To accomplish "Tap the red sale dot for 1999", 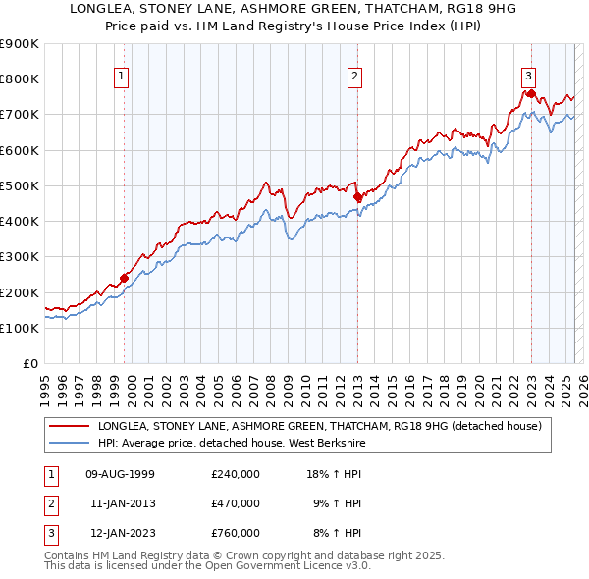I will (x=125, y=278).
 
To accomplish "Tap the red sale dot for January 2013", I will (x=357, y=196).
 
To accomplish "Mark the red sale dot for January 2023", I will (x=531, y=93).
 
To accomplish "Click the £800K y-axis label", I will (x=20, y=79).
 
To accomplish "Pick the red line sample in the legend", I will (x=71, y=427).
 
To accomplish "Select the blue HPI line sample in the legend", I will (x=71, y=444).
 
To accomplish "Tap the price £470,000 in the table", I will (x=235, y=503).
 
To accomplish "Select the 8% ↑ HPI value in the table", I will (x=337, y=533).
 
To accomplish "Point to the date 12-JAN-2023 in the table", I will (x=119, y=533).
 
